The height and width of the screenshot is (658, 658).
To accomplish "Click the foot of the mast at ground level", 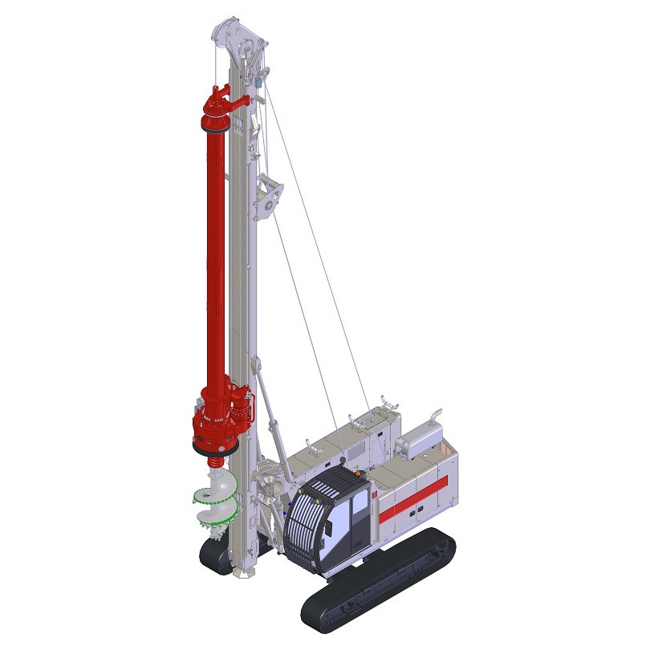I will [243, 571].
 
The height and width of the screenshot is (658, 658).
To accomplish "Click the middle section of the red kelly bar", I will [216, 257].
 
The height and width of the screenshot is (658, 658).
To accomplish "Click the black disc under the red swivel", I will [215, 126].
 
